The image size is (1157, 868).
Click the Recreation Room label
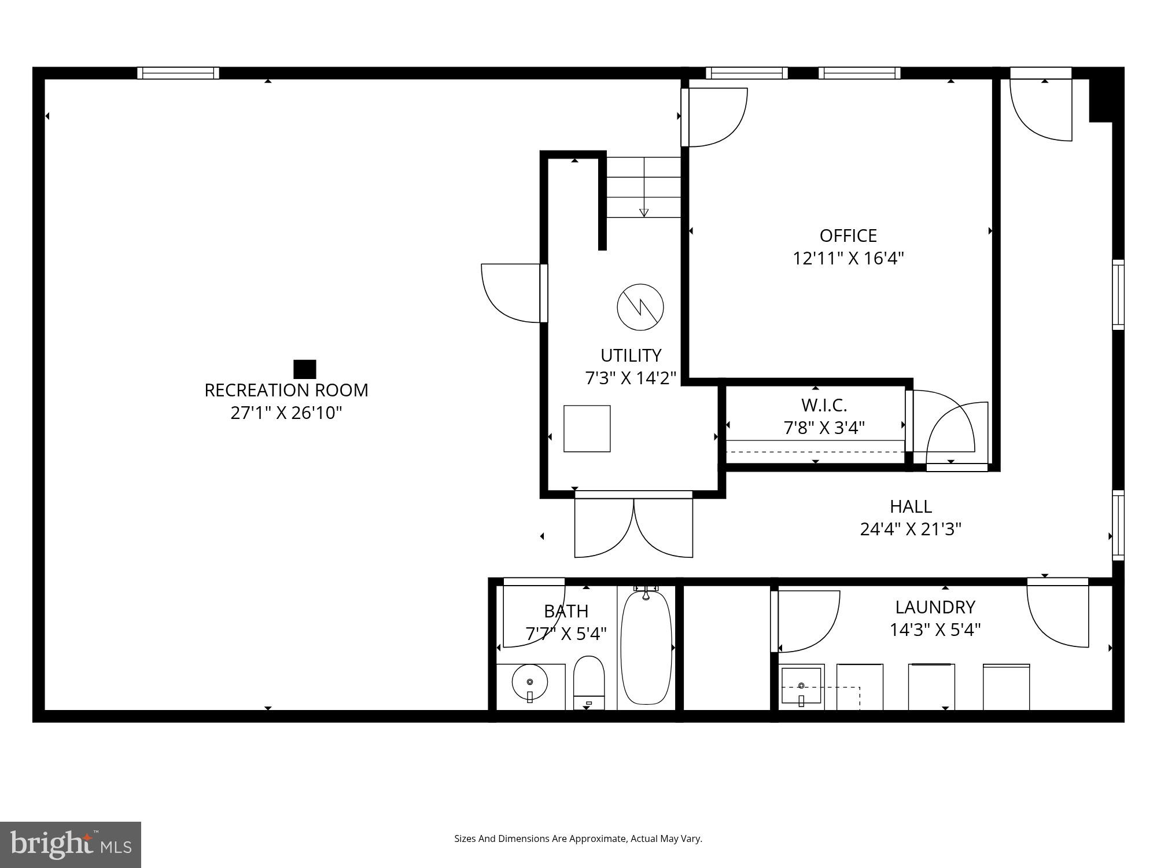[286, 391]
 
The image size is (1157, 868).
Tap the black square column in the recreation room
[305, 369]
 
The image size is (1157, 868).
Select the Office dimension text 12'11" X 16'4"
[848, 258]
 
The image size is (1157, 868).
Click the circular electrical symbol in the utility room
[640, 307]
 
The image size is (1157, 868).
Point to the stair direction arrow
[644, 212]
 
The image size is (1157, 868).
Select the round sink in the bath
[530, 683]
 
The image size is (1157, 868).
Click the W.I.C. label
[824, 404]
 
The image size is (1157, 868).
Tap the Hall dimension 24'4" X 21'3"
[911, 529]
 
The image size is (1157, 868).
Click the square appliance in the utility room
[587, 429]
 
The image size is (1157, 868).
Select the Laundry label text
[935, 607]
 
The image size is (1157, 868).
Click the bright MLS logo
[71, 845]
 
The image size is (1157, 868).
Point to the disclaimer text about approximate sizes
[578, 838]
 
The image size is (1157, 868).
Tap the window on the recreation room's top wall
[178, 73]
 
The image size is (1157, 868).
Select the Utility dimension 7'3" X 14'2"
[631, 378]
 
